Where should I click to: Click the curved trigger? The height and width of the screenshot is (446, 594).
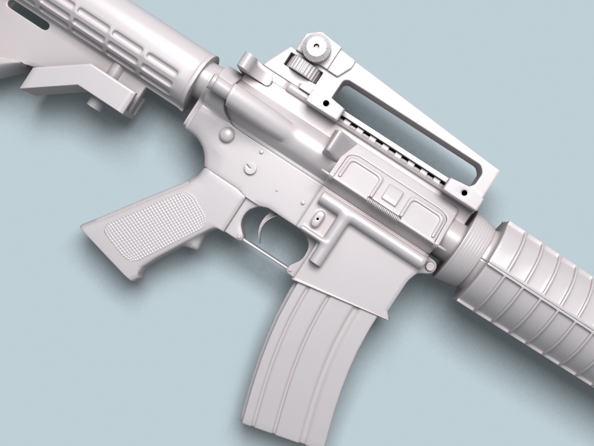[x=266, y=226]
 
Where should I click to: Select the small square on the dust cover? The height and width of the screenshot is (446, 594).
[x=391, y=195]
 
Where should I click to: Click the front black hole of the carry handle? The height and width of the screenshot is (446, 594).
[x=463, y=193]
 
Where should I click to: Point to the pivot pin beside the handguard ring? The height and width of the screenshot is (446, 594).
[x=431, y=265]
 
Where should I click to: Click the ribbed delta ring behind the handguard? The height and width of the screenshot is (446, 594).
[x=464, y=253]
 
